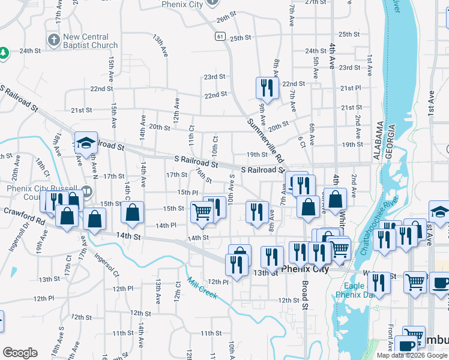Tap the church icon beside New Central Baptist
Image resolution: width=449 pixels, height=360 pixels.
[53, 41]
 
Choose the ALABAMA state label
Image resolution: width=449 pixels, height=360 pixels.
[380, 139]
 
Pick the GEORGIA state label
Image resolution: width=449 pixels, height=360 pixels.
[391, 140]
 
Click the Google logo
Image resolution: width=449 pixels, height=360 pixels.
[20, 353]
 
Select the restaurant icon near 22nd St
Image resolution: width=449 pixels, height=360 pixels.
[265, 88]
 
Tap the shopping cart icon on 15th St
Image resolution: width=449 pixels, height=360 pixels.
[202, 212]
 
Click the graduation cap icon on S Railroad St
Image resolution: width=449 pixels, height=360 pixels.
[85, 143]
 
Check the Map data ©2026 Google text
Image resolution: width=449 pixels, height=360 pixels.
[412, 355]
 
